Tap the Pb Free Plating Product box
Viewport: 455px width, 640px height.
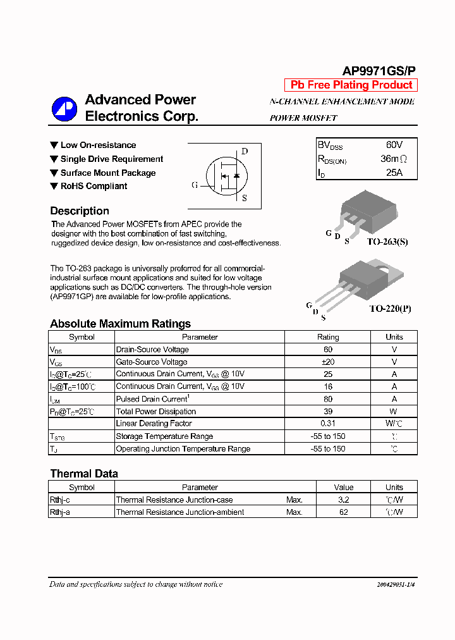pos(351,85)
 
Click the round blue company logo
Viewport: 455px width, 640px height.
pos(64,109)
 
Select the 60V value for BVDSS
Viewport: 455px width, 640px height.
pos(394,145)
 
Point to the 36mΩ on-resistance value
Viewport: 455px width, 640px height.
pos(394,159)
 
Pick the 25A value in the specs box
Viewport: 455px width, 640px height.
pos(394,173)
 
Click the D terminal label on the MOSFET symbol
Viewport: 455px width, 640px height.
pos(245,151)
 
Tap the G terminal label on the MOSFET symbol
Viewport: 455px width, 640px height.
pos(195,185)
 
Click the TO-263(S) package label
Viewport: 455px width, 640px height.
pos(387,242)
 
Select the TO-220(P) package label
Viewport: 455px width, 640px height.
pos(390,309)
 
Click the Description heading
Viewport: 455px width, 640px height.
pos(80,211)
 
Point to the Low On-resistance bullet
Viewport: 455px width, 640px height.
pos(98,145)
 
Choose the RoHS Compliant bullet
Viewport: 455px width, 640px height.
pos(94,186)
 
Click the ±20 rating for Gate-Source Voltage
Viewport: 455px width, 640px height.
pos(327,362)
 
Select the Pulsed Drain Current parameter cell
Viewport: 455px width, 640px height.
pos(152,399)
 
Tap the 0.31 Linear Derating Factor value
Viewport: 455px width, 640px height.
pos(327,424)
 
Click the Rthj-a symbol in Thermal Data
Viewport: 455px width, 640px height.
pos(60,512)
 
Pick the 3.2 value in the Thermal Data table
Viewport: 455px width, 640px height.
pos(343,500)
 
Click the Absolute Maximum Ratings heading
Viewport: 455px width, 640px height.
pos(120,324)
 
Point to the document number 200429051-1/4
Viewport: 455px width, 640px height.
pos(396,585)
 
